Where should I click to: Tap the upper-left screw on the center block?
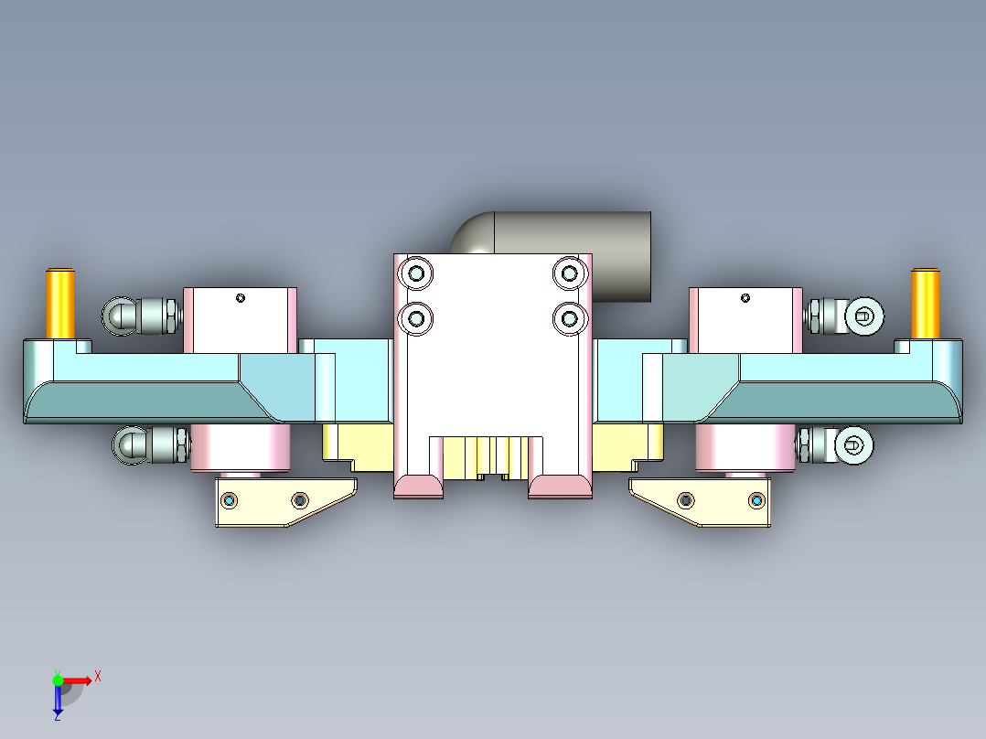pyautogui.click(x=417, y=273)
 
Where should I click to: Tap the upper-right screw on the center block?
pyautogui.click(x=570, y=273)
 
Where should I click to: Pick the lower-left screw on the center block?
pyautogui.click(x=417, y=318)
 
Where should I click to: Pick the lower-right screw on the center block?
pyautogui.click(x=570, y=318)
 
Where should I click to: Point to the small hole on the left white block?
pyautogui.click(x=241, y=297)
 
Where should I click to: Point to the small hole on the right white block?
pyautogui.click(x=745, y=297)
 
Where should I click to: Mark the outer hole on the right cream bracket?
pyautogui.click(x=756, y=500)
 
